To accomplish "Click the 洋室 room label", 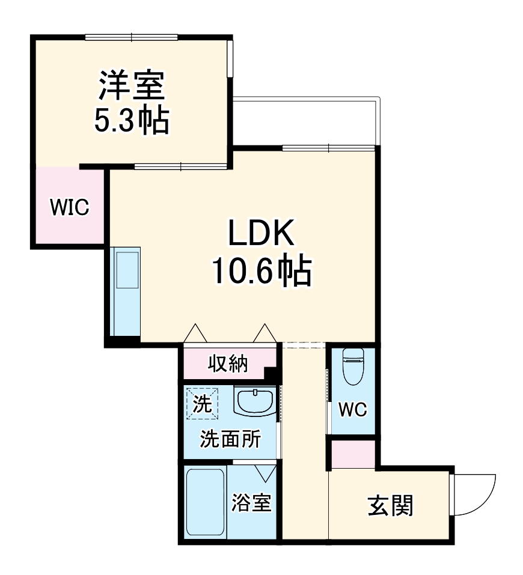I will click(132, 86).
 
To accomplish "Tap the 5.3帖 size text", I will click(131, 120).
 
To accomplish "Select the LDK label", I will click(260, 234).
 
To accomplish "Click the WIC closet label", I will click(69, 207).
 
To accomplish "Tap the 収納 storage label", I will click(228, 364).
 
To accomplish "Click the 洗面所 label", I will click(230, 439).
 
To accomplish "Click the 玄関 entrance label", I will click(390, 507).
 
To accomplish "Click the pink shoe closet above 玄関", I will click(353, 454).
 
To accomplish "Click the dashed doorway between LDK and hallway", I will click(304, 345).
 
